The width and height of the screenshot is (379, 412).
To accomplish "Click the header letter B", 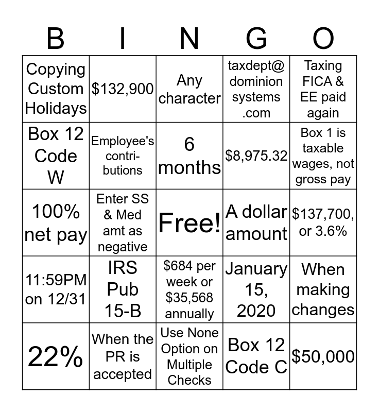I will click(x=56, y=39).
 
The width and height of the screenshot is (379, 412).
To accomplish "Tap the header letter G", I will click(x=256, y=39).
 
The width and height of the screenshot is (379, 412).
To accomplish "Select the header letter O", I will click(x=323, y=39).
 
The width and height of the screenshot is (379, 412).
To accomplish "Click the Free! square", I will click(x=189, y=222).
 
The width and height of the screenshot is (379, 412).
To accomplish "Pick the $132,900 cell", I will click(x=123, y=89).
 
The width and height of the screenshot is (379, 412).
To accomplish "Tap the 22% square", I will click(x=56, y=356).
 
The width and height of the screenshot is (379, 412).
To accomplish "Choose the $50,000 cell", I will click(x=323, y=356).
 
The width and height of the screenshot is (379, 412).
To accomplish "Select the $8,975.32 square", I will click(x=256, y=156).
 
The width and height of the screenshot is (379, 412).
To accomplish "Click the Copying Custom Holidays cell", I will click(x=56, y=89).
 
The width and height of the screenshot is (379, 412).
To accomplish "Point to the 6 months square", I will click(x=189, y=156).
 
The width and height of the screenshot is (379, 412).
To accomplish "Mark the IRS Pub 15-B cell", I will click(x=123, y=289).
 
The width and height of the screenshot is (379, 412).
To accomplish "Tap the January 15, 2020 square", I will click(x=256, y=289).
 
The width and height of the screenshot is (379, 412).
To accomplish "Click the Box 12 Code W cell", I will click(x=56, y=156).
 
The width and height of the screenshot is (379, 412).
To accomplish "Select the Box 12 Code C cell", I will click(x=256, y=356).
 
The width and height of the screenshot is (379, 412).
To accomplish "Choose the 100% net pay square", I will click(x=56, y=222).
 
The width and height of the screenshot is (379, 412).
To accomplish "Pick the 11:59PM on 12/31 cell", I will click(x=56, y=289).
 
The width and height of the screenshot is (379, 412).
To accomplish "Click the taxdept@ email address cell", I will click(x=256, y=89).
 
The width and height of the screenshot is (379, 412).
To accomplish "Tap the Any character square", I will click(x=189, y=89).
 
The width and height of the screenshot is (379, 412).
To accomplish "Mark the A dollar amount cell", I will click(x=256, y=222).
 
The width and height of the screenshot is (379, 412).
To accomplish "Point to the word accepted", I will click(x=123, y=374).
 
